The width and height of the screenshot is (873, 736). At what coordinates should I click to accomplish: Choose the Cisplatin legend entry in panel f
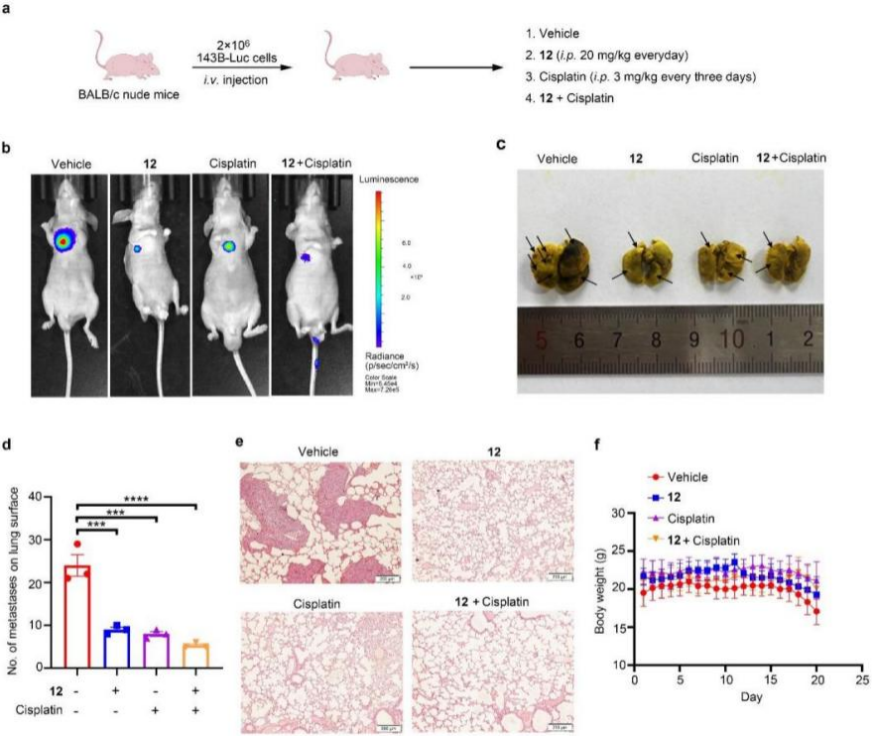pyautogui.click(x=693, y=519)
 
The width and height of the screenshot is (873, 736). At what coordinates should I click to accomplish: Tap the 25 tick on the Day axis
pyautogui.click(x=861, y=682)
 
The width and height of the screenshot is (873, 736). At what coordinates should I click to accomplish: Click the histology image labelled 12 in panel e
pyautogui.click(x=493, y=523)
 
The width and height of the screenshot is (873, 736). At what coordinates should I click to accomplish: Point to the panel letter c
pyautogui.click(x=502, y=143)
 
